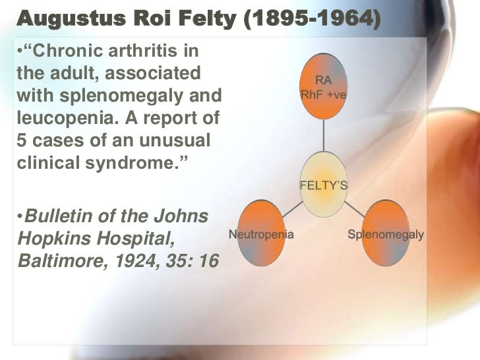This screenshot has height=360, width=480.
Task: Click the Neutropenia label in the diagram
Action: tap(261, 234)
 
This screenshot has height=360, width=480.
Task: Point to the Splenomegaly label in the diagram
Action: tap(386, 234)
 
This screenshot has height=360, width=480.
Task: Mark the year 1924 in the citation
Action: tap(142, 262)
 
